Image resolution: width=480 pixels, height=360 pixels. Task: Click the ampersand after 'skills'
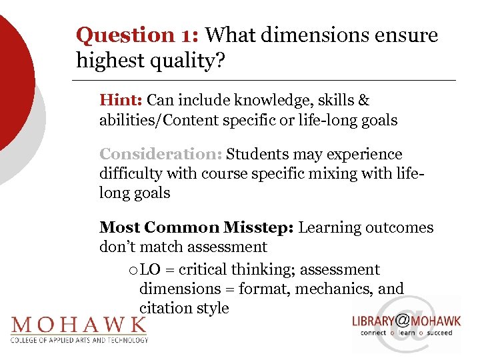pos(363,101)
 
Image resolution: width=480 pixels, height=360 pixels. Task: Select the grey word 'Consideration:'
pos(161,155)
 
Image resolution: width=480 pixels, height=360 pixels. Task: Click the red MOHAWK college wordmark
pos(79,325)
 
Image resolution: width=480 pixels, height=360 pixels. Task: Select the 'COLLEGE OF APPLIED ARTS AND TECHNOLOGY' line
pos(79,339)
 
